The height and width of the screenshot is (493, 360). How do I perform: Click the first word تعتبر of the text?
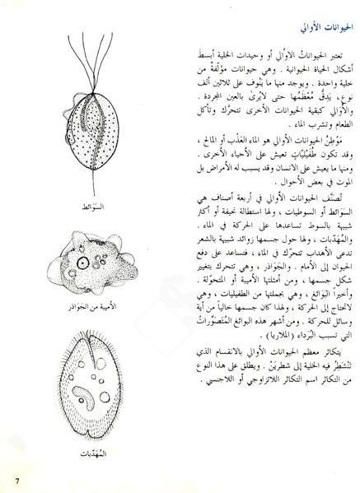[x=334, y=36]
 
